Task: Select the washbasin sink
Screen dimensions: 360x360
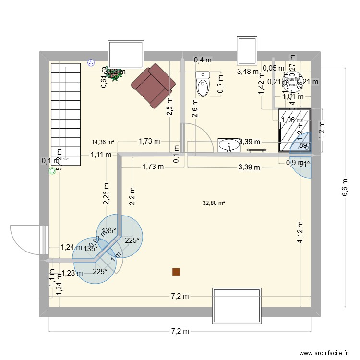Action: (228, 145)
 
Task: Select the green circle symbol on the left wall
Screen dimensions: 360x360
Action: (52, 170)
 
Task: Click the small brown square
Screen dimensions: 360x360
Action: (176, 272)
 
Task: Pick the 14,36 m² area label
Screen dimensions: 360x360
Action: (103, 142)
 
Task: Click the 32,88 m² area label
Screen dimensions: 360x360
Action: (214, 203)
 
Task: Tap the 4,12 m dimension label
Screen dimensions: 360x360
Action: (300, 233)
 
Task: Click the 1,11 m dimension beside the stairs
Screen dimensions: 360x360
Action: (101, 155)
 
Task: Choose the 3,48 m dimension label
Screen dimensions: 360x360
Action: (247, 72)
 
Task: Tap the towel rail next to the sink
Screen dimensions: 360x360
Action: (257, 150)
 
